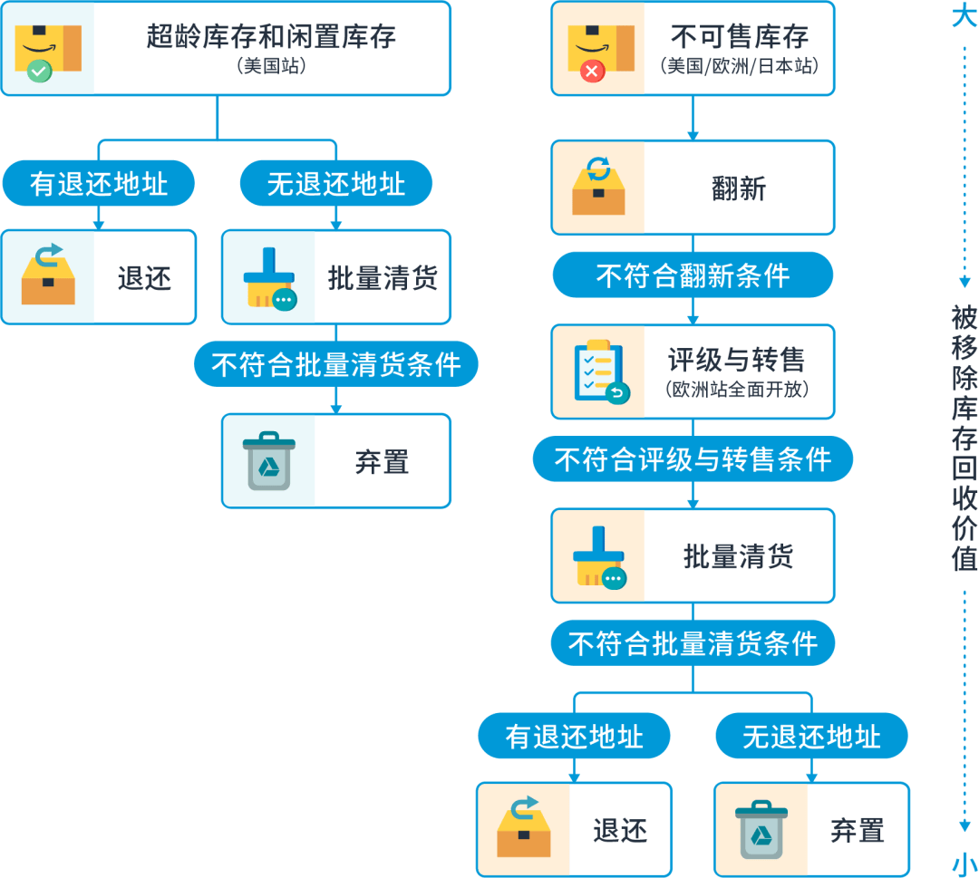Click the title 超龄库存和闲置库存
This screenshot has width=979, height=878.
pyautogui.click(x=271, y=36)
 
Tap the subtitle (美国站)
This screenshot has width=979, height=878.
pyautogui.click(x=271, y=67)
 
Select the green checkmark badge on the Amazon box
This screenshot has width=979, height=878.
pyautogui.click(x=39, y=70)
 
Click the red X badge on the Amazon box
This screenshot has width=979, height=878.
pyautogui.click(x=592, y=70)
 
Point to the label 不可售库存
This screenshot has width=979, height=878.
pyautogui.click(x=739, y=36)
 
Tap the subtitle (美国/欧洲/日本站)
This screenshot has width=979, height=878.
pyautogui.click(x=739, y=66)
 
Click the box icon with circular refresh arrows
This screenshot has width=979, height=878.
pyautogui.click(x=598, y=187)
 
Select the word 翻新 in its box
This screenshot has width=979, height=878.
pyautogui.click(x=739, y=188)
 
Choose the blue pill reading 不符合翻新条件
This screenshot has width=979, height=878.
pyautogui.click(x=693, y=275)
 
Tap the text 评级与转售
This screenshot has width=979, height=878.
pyautogui.click(x=736, y=361)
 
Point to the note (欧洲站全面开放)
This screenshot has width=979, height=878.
pyautogui.click(x=736, y=391)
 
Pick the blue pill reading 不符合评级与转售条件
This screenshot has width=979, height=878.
pyautogui.click(x=693, y=459)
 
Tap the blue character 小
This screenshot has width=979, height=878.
pyautogui.click(x=964, y=864)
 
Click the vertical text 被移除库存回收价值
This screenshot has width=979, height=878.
pyautogui.click(x=964, y=438)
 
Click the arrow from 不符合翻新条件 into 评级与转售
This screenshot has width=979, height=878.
pyautogui.click(x=693, y=313)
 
